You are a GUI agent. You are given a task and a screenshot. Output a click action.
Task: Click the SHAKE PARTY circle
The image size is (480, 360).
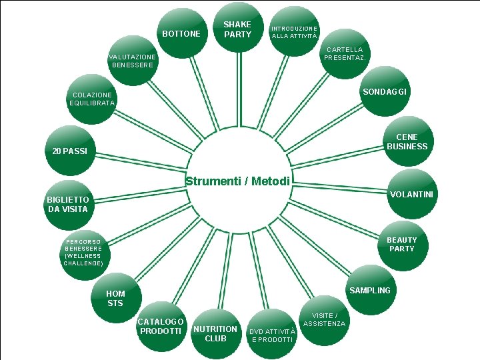(238, 30)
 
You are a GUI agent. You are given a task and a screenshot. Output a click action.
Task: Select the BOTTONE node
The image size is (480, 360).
(181, 33)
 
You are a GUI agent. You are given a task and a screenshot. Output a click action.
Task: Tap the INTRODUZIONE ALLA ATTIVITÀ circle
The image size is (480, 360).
(294, 32)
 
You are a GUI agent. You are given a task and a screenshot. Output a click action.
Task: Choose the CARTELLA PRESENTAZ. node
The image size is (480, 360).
(344, 54)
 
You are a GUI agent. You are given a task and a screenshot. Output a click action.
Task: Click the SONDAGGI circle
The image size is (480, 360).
(385, 91)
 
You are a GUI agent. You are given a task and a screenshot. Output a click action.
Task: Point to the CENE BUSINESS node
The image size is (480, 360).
(407, 141)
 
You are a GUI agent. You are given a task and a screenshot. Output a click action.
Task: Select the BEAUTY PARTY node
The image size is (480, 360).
(401, 244)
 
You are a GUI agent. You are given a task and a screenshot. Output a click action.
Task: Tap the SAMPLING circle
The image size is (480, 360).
(370, 290)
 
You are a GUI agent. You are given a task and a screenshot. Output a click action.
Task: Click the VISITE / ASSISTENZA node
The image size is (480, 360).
(325, 320)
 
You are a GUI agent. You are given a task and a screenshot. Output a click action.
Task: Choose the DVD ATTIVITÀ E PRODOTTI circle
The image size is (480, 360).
(271, 335)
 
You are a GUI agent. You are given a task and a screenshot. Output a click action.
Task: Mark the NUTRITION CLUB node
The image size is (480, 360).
(215, 333)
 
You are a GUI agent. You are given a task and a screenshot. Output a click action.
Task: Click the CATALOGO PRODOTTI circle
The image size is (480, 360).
(161, 327)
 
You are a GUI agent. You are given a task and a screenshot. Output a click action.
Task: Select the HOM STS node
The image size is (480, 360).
(115, 298)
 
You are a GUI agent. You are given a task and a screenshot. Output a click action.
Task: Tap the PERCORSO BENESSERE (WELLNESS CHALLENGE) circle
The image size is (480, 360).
(84, 251)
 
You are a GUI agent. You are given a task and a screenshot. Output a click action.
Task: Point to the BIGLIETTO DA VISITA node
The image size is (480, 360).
(67, 204)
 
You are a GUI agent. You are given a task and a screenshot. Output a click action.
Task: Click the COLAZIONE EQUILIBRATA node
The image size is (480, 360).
(93, 99)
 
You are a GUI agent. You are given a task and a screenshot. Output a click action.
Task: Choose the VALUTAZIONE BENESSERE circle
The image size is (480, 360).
(133, 61)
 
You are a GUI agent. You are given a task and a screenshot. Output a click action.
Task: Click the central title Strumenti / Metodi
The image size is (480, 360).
(238, 181)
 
